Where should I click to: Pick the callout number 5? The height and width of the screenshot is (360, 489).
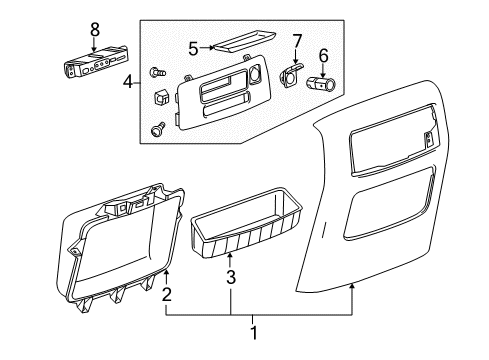pyautogui.click(x=193, y=46)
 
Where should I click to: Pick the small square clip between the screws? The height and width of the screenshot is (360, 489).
pyautogui.click(x=161, y=99)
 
